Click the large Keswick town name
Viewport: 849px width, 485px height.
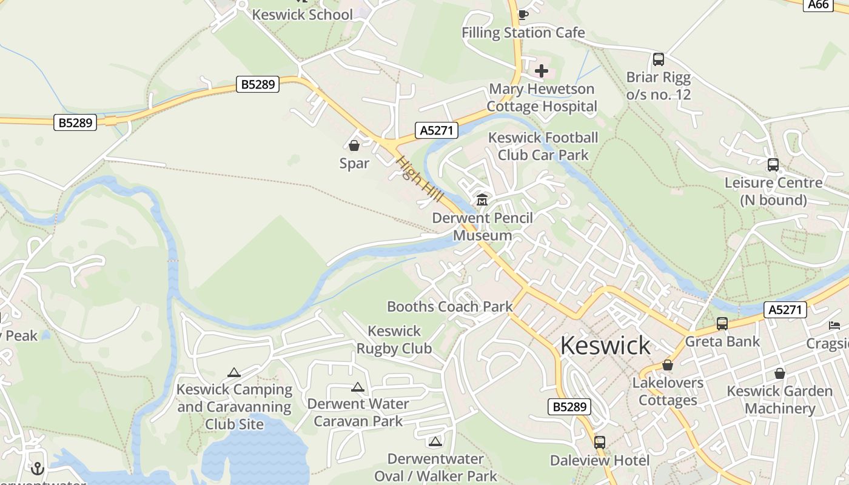point(605,345)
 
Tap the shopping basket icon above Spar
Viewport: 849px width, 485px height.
point(354,145)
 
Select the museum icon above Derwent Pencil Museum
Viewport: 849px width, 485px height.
point(482,199)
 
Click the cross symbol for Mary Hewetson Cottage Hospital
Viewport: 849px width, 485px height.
point(542,71)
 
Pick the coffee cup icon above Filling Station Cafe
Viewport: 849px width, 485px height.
point(523,15)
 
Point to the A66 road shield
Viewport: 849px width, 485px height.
point(818,4)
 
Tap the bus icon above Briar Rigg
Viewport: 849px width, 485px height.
point(659,59)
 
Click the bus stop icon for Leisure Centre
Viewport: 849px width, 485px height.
point(773,165)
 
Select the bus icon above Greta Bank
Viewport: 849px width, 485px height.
point(722,324)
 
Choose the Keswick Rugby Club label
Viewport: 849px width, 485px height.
point(394,339)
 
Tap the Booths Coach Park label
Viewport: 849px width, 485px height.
point(450,306)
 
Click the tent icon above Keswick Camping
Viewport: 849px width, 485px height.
point(234,372)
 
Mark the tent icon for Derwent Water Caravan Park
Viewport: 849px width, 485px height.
point(358,387)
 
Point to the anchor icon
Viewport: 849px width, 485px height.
point(38,468)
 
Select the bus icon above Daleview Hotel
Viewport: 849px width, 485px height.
point(600,443)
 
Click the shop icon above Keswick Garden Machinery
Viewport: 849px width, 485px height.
point(780,373)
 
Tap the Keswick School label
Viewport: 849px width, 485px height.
point(302,15)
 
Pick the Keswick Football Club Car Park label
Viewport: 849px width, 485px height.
point(543,146)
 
